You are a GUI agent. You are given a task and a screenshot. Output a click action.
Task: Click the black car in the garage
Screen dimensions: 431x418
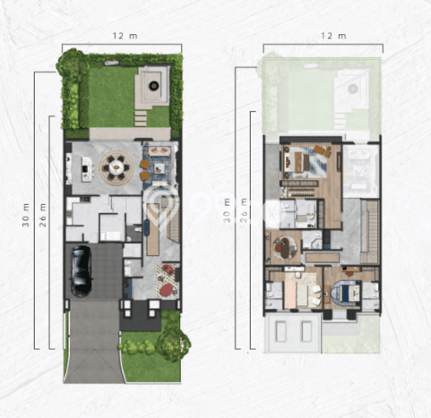click(x=81, y=271)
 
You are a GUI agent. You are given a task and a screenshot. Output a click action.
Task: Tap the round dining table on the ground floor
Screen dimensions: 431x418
click(x=116, y=167)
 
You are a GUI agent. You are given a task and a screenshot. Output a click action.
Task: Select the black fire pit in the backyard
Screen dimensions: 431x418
click(x=154, y=86)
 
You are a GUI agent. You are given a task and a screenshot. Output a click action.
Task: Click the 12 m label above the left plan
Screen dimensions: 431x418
click(x=125, y=36)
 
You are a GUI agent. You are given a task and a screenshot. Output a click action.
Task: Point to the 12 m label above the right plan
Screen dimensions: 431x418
click(x=333, y=36)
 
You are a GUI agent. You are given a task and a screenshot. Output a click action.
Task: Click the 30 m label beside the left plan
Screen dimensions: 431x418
click(x=26, y=215)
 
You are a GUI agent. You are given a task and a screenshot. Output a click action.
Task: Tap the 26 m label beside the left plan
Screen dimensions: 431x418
click(x=43, y=215)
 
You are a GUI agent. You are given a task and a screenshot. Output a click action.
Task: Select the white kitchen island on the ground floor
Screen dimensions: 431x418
click(x=87, y=169)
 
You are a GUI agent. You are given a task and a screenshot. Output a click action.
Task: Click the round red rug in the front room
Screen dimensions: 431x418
click(x=167, y=289)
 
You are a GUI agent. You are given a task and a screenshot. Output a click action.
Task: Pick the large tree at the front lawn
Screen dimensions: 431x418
click(x=173, y=343)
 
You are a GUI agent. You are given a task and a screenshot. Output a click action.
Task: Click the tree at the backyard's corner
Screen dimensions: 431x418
click(x=73, y=64)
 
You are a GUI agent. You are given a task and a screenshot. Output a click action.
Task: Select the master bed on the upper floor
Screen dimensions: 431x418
click(x=298, y=161)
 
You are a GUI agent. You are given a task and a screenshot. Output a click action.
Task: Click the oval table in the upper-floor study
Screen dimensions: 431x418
click(x=285, y=247)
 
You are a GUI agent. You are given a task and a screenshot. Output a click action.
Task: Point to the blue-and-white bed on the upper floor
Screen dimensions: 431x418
click(x=349, y=293)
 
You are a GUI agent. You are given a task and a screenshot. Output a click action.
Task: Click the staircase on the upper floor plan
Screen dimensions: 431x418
click(x=370, y=231)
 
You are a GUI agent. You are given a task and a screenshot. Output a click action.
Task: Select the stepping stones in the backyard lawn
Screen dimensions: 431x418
click(x=141, y=118)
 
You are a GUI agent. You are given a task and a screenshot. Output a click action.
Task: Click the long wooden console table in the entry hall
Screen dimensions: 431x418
click(x=152, y=229)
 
